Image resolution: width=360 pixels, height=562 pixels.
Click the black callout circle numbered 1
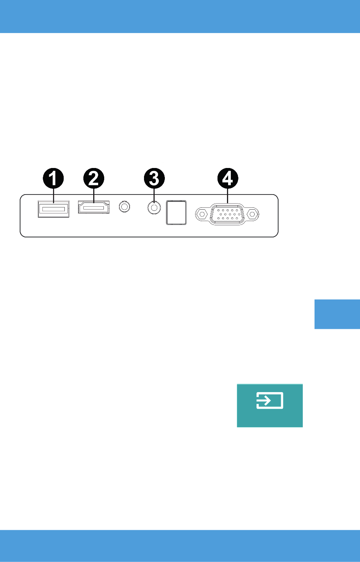tap(53, 178)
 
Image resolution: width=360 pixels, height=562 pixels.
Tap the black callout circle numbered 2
tap(94, 178)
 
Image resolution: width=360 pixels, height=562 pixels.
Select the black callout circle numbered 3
tap(154, 178)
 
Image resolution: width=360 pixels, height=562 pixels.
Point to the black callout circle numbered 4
tap(228, 178)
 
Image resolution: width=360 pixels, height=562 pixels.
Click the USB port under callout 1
tap(53, 209)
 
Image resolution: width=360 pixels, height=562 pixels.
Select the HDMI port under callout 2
tap(94, 207)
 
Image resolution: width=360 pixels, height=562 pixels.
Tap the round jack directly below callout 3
tap(154, 208)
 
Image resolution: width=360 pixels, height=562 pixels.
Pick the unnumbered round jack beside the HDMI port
tap(124, 207)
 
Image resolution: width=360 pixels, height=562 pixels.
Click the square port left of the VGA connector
tap(176, 212)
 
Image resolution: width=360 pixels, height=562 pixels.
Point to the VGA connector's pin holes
tap(227, 214)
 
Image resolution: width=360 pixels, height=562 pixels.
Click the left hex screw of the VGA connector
tap(202, 214)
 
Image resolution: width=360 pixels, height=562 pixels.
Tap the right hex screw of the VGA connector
tap(252, 214)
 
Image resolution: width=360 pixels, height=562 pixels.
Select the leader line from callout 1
tap(53, 196)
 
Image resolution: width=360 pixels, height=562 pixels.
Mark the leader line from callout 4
tap(228, 196)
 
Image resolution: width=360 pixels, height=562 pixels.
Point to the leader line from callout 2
tap(94, 196)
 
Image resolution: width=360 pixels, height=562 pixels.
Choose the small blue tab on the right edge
tap(337, 314)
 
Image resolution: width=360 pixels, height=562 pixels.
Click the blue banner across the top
tap(180, 16)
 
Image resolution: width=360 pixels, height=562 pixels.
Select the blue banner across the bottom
tap(180, 546)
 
